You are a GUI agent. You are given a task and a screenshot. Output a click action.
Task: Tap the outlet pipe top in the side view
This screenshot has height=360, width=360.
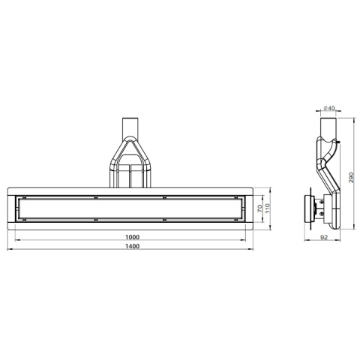[328, 124]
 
